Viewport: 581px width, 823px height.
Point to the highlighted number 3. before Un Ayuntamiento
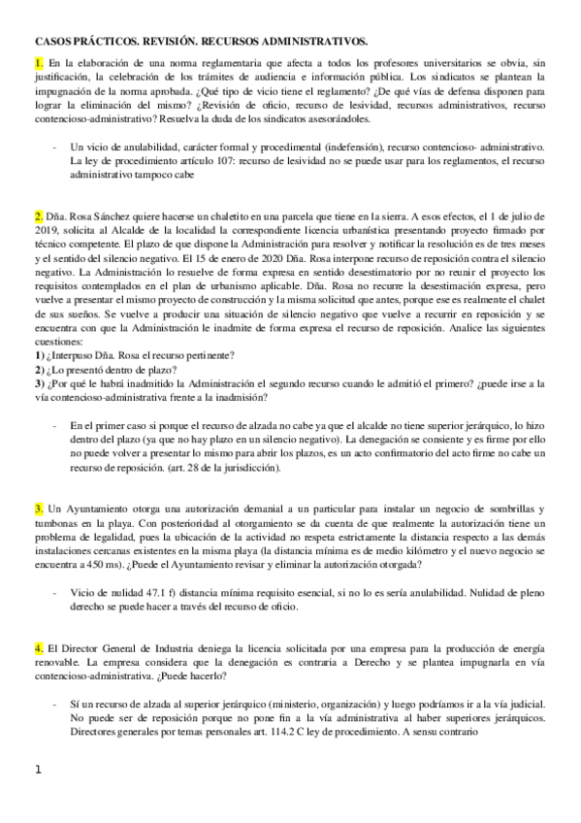click(x=39, y=510)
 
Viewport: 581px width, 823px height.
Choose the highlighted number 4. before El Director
click(x=39, y=620)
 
